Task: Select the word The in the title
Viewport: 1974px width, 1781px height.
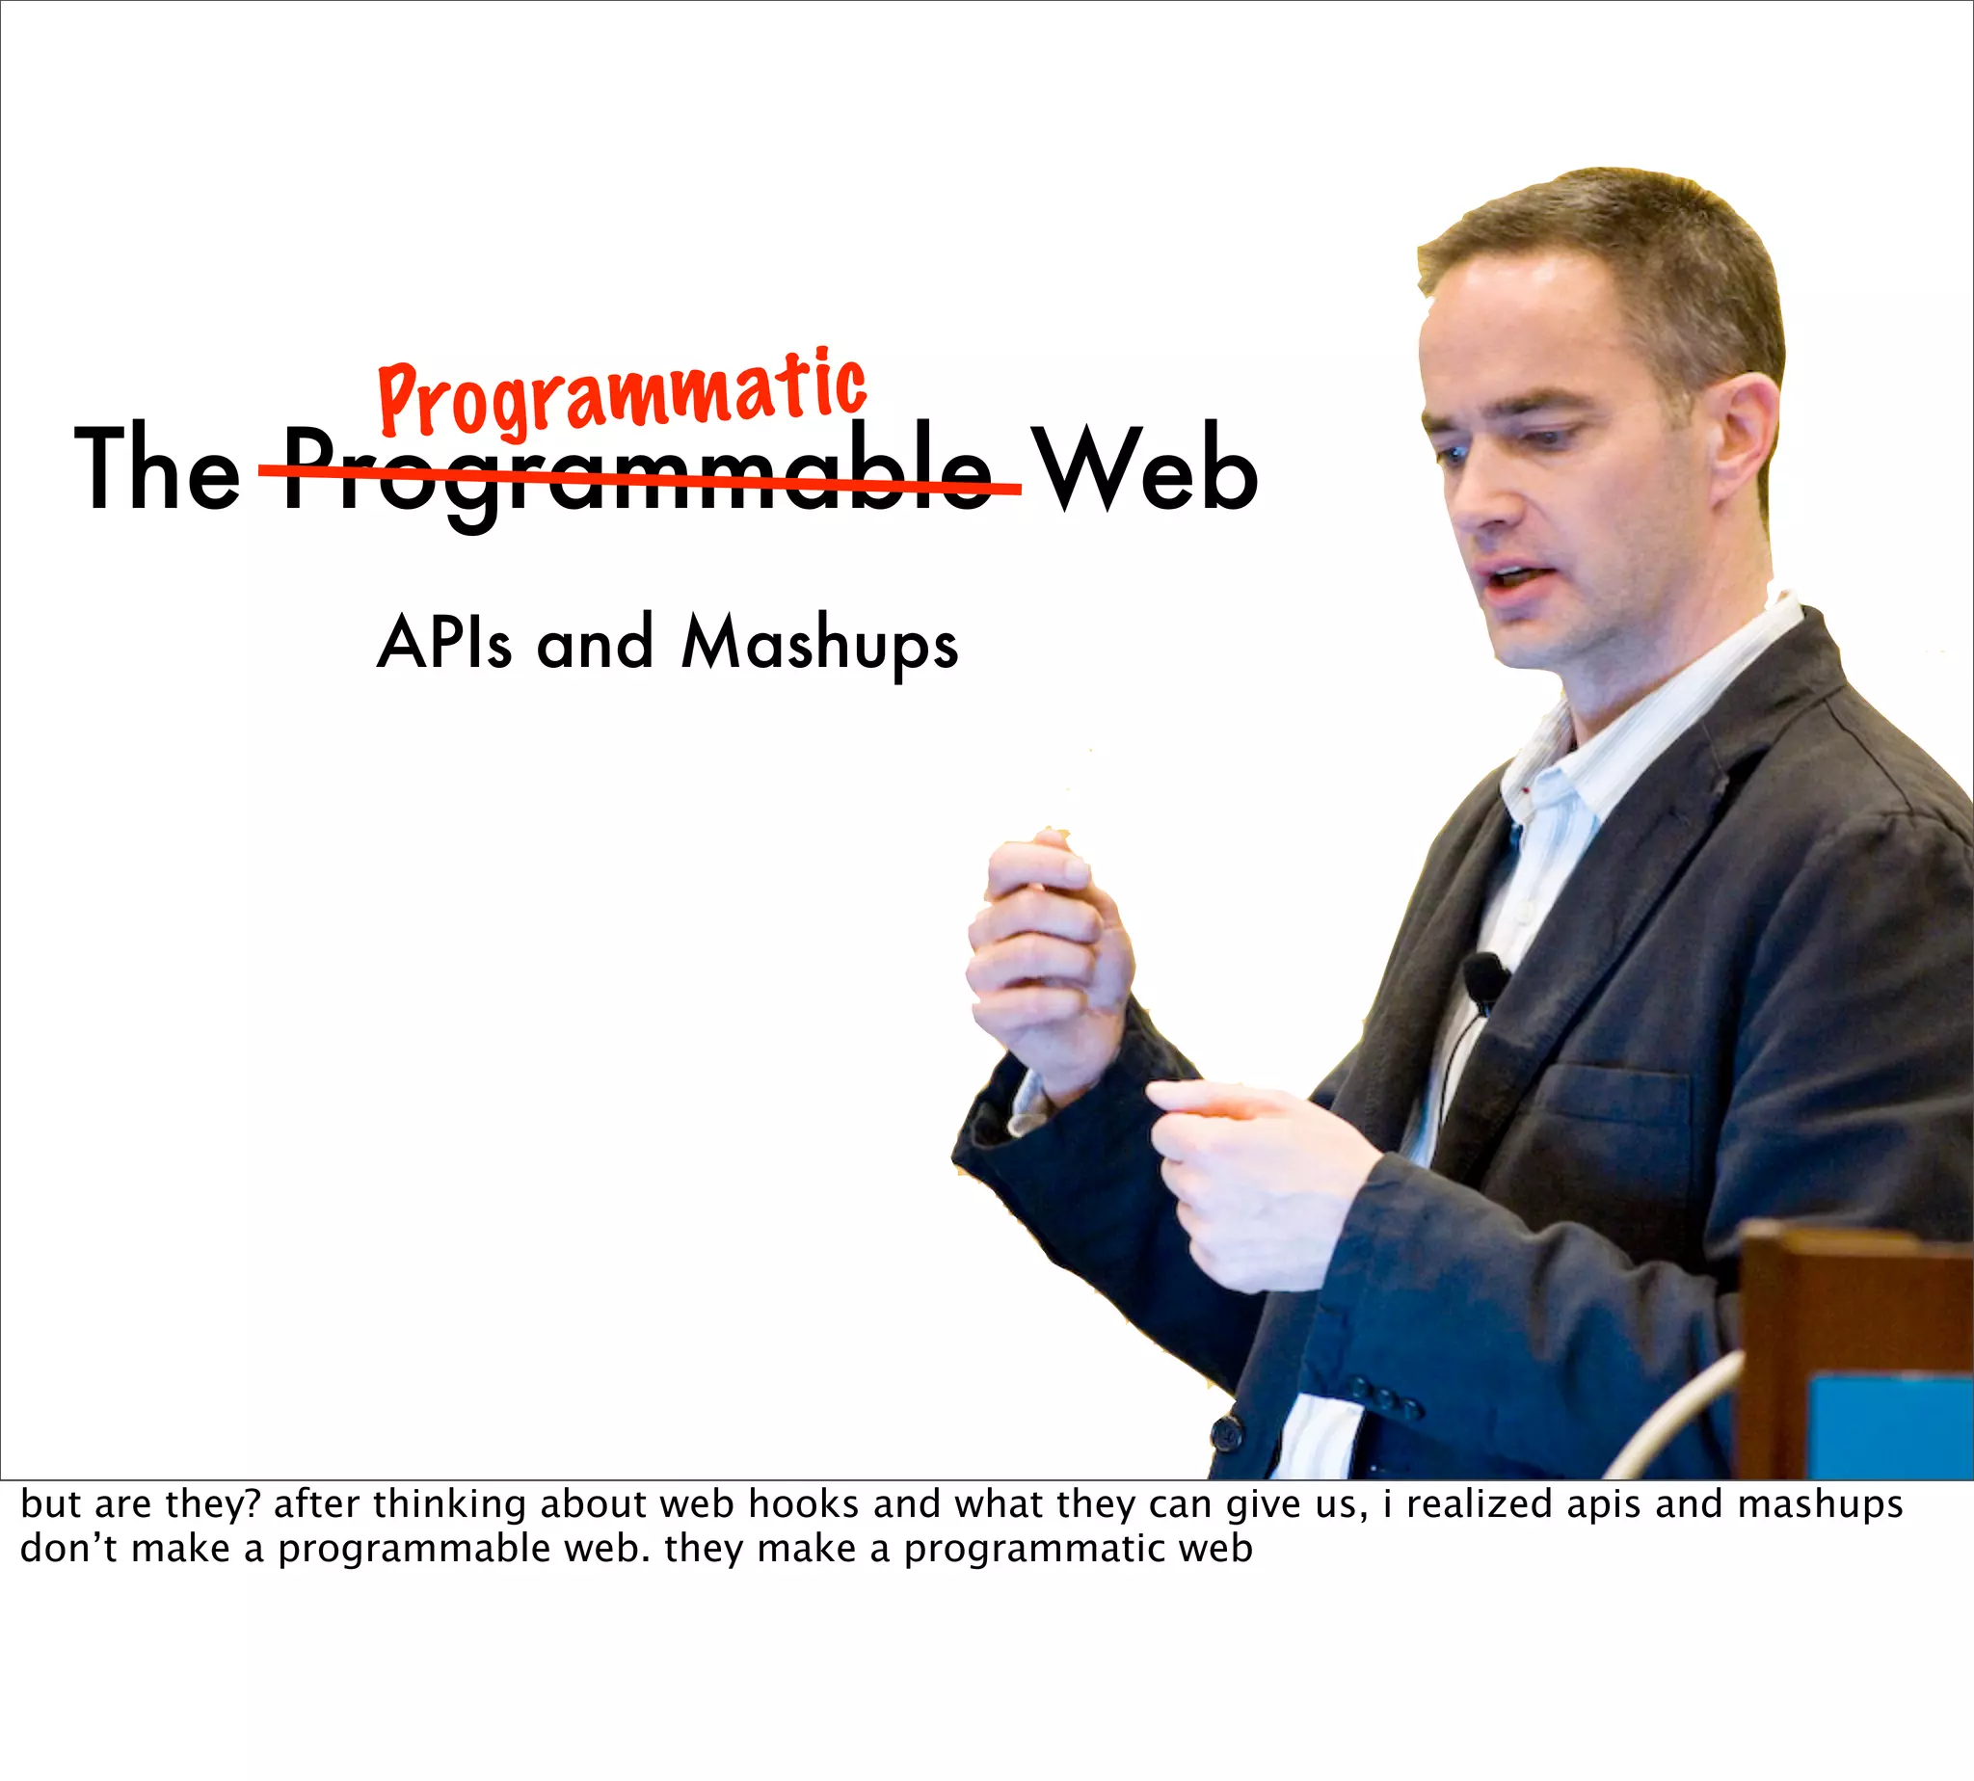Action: pos(157,469)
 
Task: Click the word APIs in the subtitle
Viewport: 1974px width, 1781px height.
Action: pos(444,643)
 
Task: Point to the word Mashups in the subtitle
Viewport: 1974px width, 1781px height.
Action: pos(819,645)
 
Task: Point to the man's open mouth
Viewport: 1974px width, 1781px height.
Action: pos(1512,578)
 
